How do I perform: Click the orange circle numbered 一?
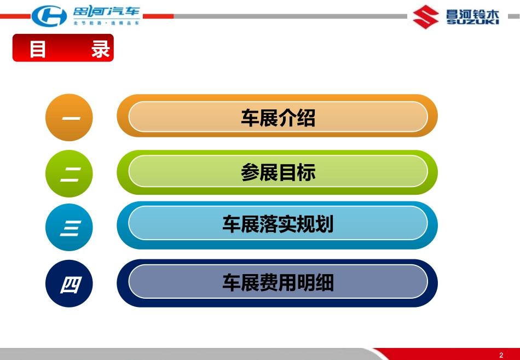click(69, 117)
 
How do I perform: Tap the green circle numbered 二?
click(69, 173)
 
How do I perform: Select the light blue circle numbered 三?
click(69, 228)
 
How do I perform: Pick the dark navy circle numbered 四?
click(69, 283)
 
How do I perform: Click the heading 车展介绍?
click(278, 118)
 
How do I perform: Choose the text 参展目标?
click(278, 172)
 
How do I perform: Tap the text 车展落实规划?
click(278, 224)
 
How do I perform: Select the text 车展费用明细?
click(278, 282)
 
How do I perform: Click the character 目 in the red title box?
click(37, 49)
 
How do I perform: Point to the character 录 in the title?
click(101, 49)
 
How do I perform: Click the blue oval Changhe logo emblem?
click(49, 15)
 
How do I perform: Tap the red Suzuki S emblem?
click(426, 16)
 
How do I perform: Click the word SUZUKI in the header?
click(472, 21)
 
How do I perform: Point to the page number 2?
click(501, 356)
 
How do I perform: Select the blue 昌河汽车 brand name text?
click(106, 12)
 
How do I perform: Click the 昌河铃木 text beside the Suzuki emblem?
click(472, 14)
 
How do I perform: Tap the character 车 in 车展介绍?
click(250, 118)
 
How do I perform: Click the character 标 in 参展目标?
click(306, 172)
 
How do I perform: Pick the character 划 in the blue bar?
click(325, 224)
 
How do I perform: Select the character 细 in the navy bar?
click(325, 282)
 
